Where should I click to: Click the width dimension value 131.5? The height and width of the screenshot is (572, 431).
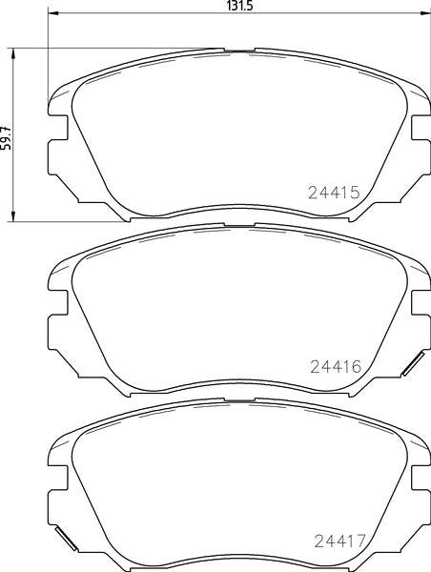point(239,7)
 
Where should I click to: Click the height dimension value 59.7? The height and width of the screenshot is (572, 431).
point(7,138)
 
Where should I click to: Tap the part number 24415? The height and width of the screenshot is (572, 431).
point(335,193)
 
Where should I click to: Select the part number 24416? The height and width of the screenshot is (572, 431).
point(336,367)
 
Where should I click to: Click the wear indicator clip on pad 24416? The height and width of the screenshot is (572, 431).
point(413,364)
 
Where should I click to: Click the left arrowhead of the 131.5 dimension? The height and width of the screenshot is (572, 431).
point(53,13)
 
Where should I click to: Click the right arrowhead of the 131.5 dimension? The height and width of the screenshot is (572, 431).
point(425,13)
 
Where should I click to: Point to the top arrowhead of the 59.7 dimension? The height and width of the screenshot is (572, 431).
point(13,53)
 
